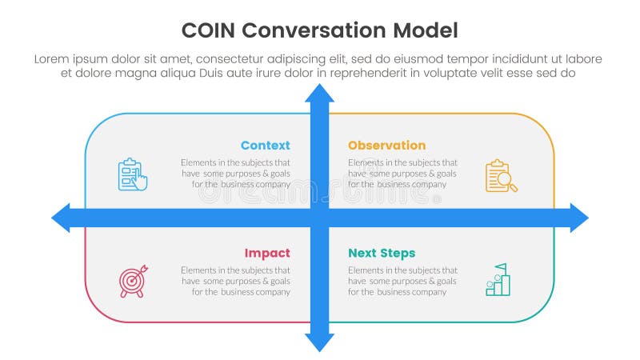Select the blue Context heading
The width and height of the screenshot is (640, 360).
[x=265, y=146]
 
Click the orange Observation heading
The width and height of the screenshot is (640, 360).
[x=386, y=146]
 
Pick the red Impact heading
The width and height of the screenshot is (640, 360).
[x=267, y=254]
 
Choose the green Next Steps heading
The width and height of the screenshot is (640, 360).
[x=382, y=254]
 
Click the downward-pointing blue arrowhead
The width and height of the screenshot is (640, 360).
[x=319, y=342]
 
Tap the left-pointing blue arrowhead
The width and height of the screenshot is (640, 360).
[x=62, y=218]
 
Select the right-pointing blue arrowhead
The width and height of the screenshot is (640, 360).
[x=578, y=218]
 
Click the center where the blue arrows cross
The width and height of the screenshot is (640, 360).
[x=319, y=218]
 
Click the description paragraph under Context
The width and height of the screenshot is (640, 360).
[x=235, y=173]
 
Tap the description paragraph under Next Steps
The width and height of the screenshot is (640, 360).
[x=402, y=281]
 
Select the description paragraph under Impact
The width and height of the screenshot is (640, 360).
[x=235, y=281]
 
